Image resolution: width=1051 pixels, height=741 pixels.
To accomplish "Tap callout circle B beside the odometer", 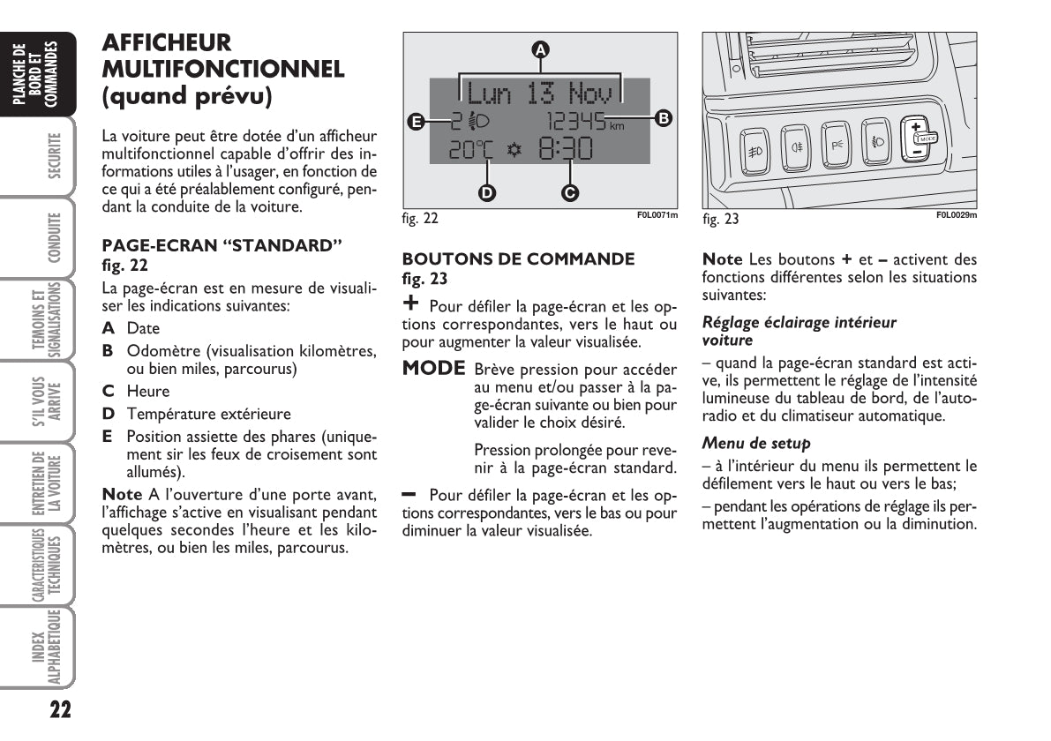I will point(664,116).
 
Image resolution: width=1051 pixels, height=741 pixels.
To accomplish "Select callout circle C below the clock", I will point(570,191).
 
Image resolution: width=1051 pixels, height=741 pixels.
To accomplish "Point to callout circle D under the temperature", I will point(486,191).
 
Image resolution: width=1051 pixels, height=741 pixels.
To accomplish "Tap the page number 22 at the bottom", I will point(60,710).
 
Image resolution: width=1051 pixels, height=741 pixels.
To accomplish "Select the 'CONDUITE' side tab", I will point(54,238).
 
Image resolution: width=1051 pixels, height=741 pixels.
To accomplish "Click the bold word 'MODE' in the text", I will point(433,369).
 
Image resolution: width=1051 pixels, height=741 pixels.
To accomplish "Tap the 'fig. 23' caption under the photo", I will point(720,218).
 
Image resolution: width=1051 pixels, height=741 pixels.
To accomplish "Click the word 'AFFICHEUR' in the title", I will point(167,42).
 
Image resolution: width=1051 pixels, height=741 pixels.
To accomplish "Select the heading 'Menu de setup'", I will point(756,443).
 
